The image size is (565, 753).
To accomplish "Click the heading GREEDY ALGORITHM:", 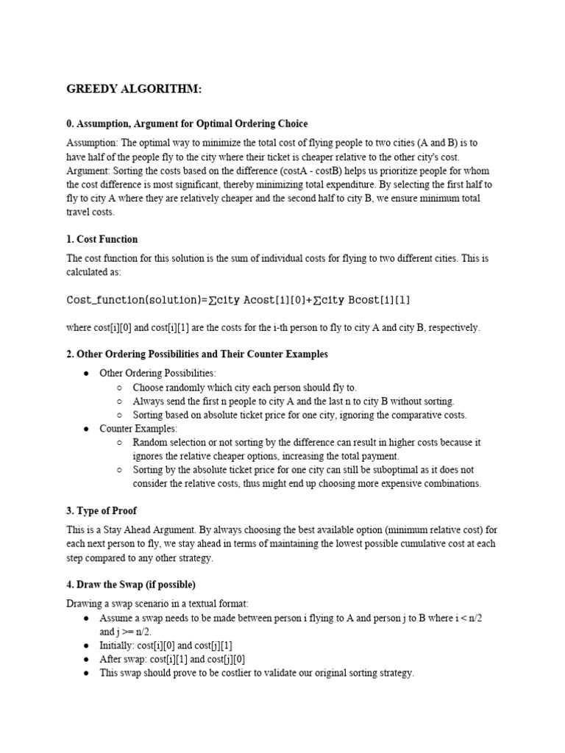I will click(134, 90).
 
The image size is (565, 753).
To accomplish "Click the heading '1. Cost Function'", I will click(102, 239).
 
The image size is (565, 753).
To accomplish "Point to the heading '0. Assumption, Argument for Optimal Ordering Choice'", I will click(188, 124).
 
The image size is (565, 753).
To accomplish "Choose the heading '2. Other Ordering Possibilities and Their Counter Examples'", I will click(197, 354).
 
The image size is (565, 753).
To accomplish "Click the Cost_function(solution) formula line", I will click(239, 300).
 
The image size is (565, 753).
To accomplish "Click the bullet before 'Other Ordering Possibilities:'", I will click(86, 374).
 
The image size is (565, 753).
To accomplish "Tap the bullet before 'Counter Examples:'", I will click(86, 429).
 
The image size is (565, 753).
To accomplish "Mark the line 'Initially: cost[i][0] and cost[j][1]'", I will click(177, 645).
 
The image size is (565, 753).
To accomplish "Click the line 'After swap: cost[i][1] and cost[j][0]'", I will click(181, 659).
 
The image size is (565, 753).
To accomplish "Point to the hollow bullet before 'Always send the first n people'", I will click(120, 402).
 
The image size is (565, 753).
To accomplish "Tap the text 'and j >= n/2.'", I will click(126, 632).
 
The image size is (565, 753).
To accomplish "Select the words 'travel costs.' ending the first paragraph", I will click(90, 212).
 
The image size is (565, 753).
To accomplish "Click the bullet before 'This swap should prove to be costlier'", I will click(86, 673).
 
